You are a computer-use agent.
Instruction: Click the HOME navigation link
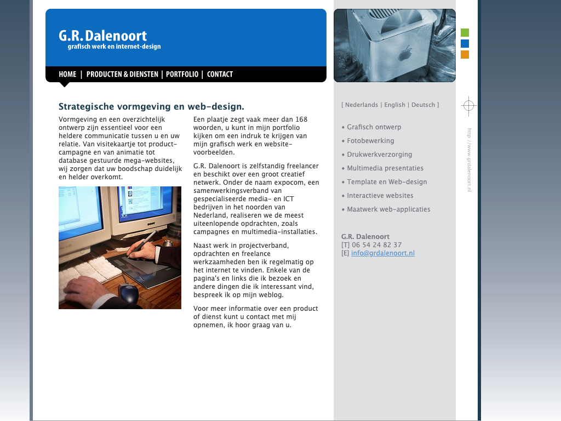67,74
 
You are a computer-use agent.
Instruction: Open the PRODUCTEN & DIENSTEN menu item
122,74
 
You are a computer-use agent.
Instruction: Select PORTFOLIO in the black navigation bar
182,74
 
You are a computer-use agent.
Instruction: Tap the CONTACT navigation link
220,74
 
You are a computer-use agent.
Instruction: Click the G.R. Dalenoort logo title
102,36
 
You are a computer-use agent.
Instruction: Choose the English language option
394,105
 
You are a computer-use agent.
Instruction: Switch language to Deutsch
423,105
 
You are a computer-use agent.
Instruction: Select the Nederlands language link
362,105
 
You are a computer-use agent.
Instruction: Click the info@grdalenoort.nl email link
383,253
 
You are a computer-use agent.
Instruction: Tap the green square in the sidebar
465,32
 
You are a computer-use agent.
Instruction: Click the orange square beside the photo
465,54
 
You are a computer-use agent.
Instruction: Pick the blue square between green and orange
465,44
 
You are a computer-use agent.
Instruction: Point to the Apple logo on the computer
405,54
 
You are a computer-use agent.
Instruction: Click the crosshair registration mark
468,106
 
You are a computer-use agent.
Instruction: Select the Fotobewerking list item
370,141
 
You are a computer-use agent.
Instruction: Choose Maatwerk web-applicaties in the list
388,209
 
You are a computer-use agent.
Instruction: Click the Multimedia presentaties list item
385,168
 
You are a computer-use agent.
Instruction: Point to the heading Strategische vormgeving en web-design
151,106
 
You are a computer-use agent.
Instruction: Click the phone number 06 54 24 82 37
377,245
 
